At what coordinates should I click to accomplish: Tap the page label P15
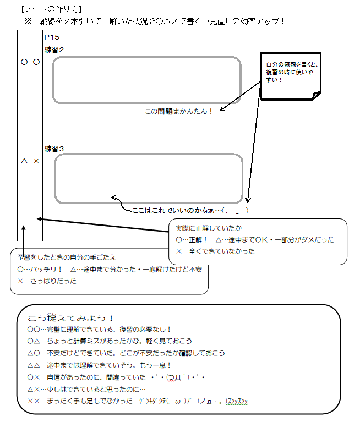(x=52, y=37)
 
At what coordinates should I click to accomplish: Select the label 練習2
(x=54, y=50)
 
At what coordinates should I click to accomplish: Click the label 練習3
(x=54, y=149)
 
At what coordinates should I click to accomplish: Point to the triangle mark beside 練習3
(x=24, y=162)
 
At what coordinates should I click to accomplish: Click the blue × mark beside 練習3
(x=36, y=162)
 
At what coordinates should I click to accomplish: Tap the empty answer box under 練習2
(x=147, y=80)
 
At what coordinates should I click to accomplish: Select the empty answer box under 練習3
(x=148, y=178)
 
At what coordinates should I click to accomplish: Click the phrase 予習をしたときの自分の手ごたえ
(x=67, y=257)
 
